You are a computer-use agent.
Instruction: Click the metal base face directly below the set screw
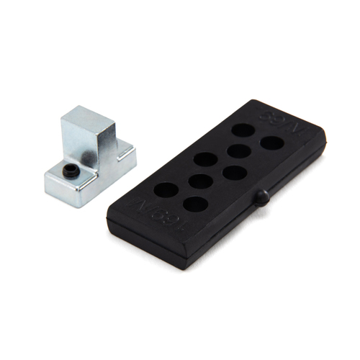coord(61,186)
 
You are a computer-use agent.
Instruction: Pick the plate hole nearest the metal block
coord(165,189)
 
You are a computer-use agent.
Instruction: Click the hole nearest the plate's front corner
coord(195,204)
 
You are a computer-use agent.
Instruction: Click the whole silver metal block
coord(90,155)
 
